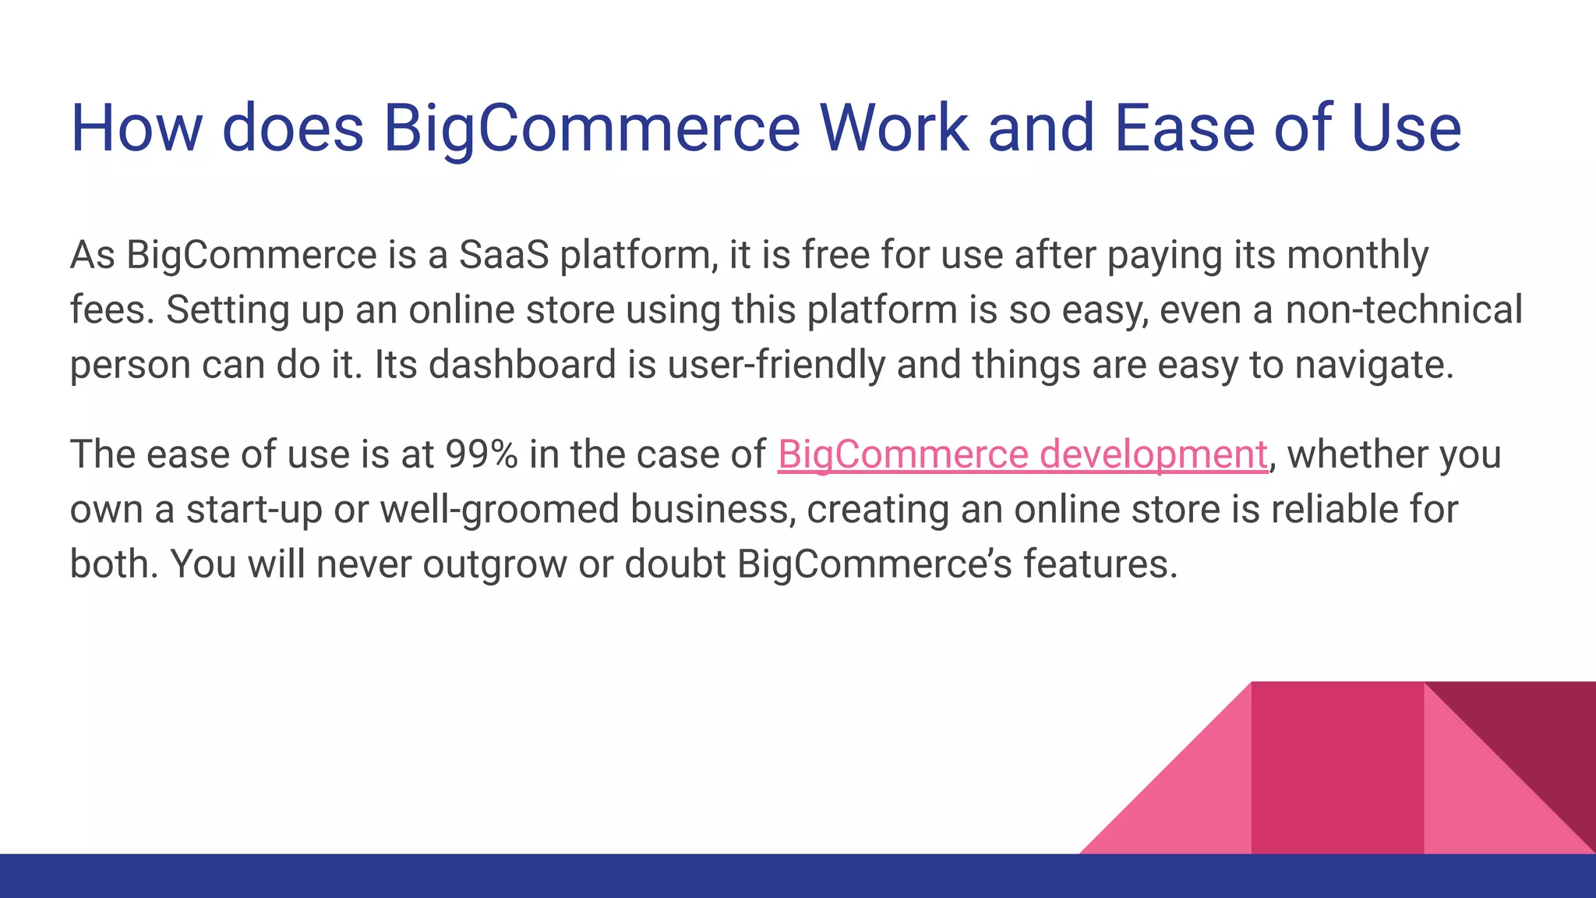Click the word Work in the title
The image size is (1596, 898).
pos(893,128)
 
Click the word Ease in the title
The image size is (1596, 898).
pos(1184,128)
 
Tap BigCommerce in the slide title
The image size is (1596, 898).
pos(591,128)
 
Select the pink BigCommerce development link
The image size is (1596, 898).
pos(1022,454)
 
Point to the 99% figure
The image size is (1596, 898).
pos(481,454)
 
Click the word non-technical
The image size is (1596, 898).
pos(1404,309)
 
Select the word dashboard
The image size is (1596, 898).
pos(522,364)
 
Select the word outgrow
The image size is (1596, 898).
pos(494,564)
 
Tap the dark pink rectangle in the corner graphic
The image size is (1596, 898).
pos(1337,768)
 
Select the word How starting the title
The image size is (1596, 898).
pos(137,128)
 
